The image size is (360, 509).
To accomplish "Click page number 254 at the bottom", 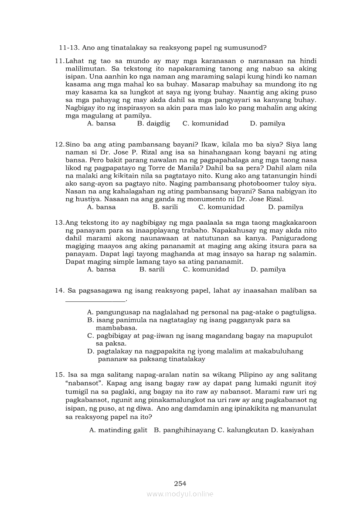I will [180, 483].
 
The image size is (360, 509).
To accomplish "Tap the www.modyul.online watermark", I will [180, 494].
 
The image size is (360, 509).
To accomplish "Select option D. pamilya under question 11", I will [267, 124].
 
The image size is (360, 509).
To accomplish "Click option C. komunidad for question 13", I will [206, 270].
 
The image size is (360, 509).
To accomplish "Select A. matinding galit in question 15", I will [119, 430].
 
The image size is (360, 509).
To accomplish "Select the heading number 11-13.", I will [68, 47].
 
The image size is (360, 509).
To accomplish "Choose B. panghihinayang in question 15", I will [184, 430].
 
